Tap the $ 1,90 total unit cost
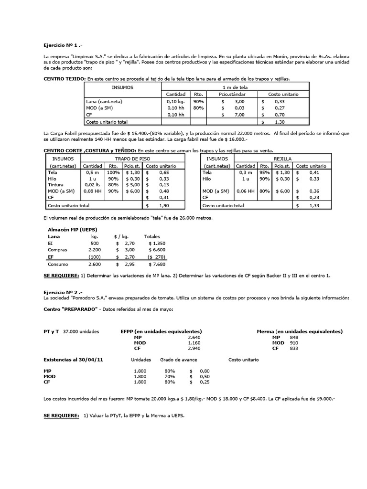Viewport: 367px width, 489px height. (x=162, y=205)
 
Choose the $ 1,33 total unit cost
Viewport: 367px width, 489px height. (x=313, y=205)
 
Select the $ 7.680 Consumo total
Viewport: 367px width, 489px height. (x=156, y=264)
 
